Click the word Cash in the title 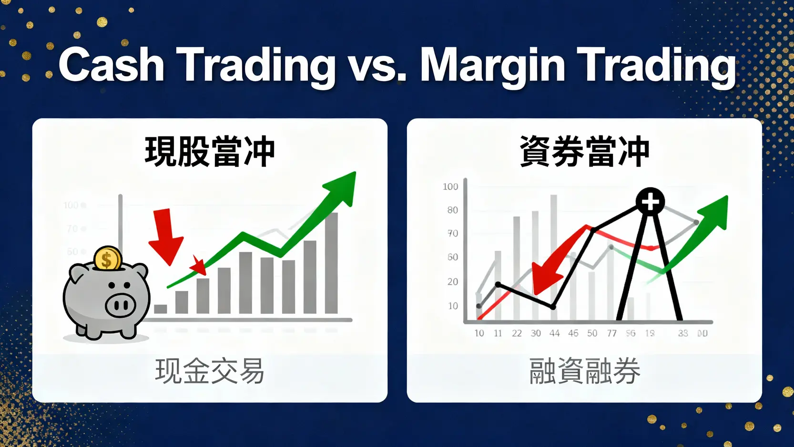[112, 65]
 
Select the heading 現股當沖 [210, 152]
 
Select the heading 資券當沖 [584, 152]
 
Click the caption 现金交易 [210, 371]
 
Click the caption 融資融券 [584, 371]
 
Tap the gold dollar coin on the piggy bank [107, 259]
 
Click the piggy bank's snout [120, 305]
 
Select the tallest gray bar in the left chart [331, 262]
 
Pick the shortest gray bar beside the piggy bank [161, 309]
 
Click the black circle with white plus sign [651, 201]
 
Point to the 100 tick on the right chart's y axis [450, 187]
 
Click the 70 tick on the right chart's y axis [452, 233]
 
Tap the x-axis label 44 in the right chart [554, 333]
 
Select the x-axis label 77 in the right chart [611, 333]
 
